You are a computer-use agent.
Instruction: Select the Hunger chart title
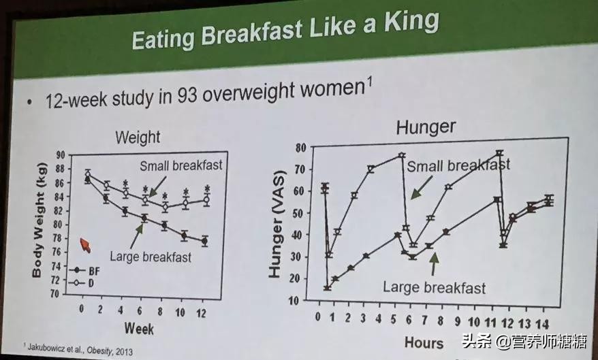tap(426, 127)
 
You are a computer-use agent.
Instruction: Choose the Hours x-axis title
tap(424, 342)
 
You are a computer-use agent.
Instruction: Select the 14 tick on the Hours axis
tap(546, 321)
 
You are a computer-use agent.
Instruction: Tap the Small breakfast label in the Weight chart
tap(181, 165)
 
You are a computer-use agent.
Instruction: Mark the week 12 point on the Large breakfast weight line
tap(205, 240)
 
